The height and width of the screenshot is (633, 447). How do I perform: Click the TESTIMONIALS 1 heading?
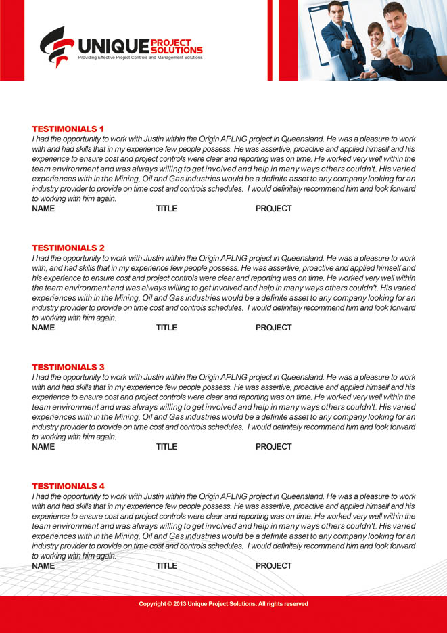click(68, 129)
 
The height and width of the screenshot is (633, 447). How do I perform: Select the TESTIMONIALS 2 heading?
click(68, 248)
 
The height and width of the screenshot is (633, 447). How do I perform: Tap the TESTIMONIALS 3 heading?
click(68, 367)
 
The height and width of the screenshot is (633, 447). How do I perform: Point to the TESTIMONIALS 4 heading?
click(68, 486)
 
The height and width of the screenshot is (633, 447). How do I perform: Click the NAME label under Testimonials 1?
click(43, 209)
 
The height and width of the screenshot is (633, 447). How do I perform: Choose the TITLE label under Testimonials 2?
click(166, 328)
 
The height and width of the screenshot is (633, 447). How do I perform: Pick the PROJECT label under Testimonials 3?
click(273, 447)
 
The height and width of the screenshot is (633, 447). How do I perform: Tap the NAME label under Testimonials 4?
click(43, 566)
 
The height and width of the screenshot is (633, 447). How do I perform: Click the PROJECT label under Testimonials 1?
click(273, 209)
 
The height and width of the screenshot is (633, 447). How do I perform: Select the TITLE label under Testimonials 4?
click(166, 566)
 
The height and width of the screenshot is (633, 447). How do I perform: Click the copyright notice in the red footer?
click(223, 604)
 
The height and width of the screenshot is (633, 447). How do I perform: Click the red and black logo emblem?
click(56, 46)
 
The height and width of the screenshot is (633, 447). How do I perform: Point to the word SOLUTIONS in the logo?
click(177, 50)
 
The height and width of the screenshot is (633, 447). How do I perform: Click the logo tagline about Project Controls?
click(140, 58)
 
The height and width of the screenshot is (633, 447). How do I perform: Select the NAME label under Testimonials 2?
click(43, 328)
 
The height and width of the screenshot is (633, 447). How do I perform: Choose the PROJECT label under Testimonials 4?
click(273, 566)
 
